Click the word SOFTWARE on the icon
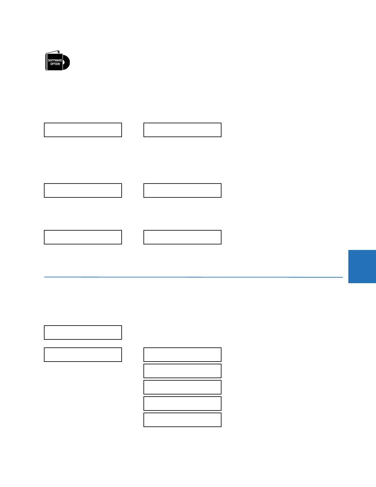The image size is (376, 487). click(x=55, y=60)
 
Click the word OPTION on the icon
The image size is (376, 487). click(x=55, y=64)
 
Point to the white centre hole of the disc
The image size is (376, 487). click(x=64, y=62)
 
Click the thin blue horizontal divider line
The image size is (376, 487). click(x=193, y=277)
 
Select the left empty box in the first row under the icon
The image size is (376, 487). click(x=83, y=130)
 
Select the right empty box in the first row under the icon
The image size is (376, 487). click(x=182, y=130)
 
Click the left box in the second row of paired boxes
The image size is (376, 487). click(x=83, y=190)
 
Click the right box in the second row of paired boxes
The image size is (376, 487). click(x=182, y=190)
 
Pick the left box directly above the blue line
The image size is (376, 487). click(x=83, y=237)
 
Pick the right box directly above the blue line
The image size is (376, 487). click(x=182, y=237)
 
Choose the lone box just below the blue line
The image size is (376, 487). click(x=83, y=332)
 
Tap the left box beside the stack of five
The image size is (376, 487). click(x=83, y=354)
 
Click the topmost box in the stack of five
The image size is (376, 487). click(x=182, y=354)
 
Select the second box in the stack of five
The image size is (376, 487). click(x=182, y=371)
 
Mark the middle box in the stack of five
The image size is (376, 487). click(x=182, y=387)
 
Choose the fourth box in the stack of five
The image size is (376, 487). click(x=182, y=403)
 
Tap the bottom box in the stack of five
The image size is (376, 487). click(x=182, y=420)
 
